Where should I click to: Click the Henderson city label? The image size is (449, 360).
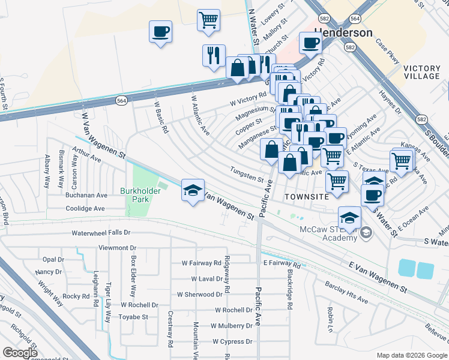[343, 32]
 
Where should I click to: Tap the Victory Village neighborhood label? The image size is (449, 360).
[421, 72]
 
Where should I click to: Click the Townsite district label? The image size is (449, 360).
[306, 196]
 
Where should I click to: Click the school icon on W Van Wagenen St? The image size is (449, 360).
[193, 191]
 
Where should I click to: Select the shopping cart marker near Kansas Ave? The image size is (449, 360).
[400, 160]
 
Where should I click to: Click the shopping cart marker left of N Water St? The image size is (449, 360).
[208, 19]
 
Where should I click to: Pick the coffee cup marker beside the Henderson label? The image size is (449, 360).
[311, 43]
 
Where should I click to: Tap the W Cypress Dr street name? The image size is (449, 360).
[232, 341]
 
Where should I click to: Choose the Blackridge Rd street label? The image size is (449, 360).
[289, 297]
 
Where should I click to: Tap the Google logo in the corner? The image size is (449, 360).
[20, 353]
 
